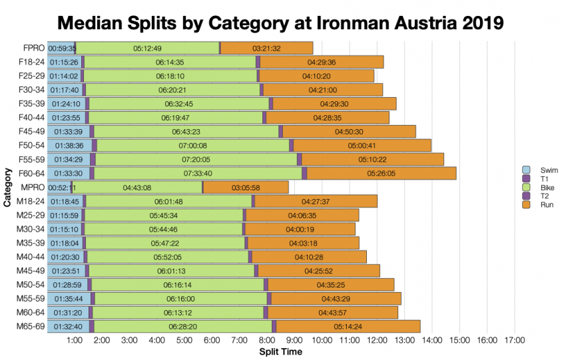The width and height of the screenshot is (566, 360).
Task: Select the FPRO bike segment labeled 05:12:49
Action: (147, 48)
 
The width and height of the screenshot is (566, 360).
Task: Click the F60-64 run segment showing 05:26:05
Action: (381, 173)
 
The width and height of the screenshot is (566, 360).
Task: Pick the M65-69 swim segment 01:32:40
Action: (65, 326)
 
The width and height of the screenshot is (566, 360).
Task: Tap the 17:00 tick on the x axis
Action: (514, 341)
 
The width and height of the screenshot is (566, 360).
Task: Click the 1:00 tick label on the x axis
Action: (75, 341)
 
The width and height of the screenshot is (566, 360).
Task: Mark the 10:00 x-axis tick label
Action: (322, 341)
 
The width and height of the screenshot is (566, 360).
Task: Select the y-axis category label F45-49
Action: (31, 132)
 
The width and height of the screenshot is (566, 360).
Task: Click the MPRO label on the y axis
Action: (32, 188)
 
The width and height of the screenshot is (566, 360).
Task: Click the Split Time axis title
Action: (280, 351)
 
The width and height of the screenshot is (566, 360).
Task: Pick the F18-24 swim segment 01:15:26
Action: (65, 62)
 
